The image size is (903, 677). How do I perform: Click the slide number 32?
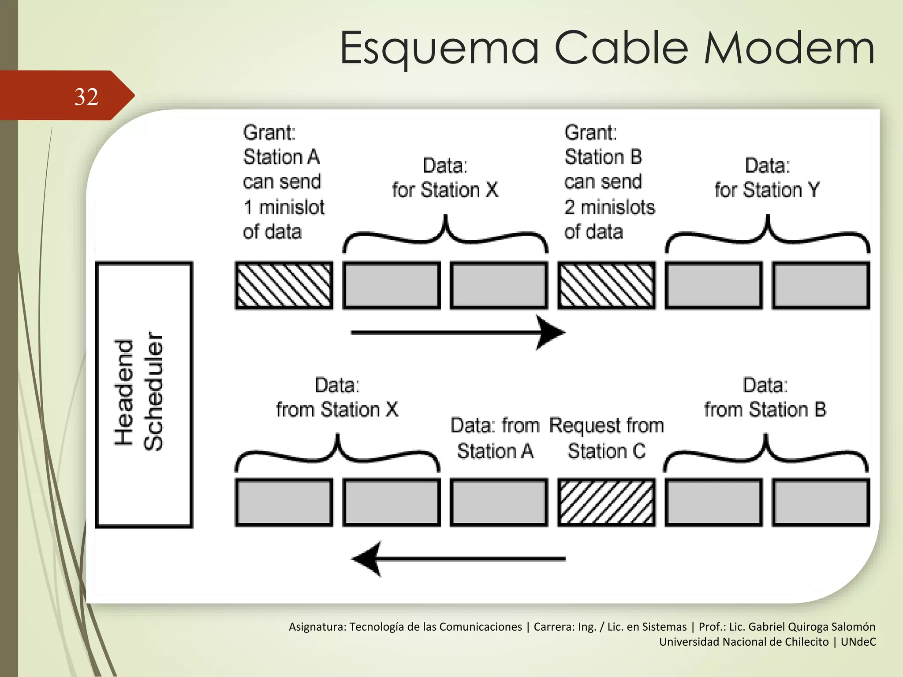[86, 97]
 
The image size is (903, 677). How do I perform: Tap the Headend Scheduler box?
[144, 394]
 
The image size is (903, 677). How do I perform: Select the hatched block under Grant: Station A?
[284, 285]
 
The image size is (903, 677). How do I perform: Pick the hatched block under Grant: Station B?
[606, 285]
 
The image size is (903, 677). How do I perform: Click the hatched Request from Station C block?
[606, 502]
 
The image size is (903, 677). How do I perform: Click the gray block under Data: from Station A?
[499, 502]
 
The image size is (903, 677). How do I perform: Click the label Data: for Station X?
[445, 178]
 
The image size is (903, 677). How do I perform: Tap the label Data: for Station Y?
[767, 178]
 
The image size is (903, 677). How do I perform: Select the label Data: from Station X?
[337, 398]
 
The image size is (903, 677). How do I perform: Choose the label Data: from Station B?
[765, 398]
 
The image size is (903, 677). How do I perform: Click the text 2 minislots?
[610, 207]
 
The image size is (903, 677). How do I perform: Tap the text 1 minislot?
[284, 207]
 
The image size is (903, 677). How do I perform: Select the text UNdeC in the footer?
[858, 642]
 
